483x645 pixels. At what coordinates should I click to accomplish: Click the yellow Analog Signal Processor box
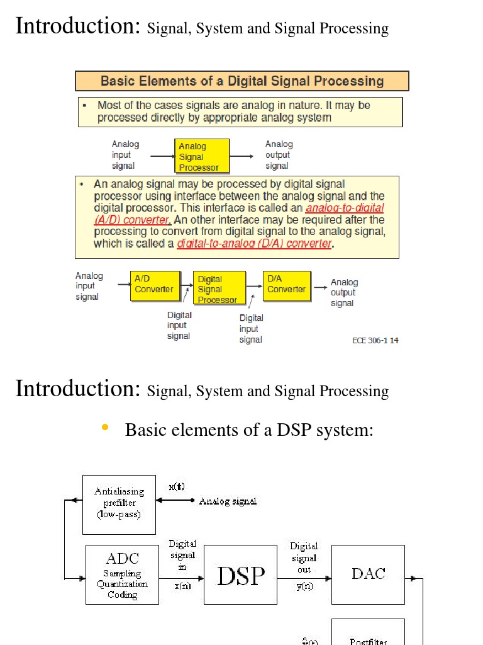click(x=201, y=156)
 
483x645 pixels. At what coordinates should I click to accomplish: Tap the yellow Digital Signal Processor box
click(x=218, y=288)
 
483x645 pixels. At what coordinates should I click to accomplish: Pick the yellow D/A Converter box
click(x=287, y=285)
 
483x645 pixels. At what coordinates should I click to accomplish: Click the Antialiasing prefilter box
click(x=119, y=504)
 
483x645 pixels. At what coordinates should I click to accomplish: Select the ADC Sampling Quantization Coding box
click(x=122, y=574)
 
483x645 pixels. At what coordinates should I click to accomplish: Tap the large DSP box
click(x=241, y=574)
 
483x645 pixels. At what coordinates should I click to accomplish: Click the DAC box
click(x=368, y=574)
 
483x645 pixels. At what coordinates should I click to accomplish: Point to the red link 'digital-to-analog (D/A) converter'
click(x=255, y=244)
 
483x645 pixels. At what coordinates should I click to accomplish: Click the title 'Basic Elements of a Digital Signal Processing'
click(x=242, y=81)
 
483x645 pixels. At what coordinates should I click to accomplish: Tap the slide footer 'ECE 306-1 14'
click(x=375, y=341)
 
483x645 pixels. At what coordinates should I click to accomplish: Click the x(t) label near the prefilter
click(x=176, y=487)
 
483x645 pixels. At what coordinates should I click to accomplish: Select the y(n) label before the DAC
click(x=304, y=586)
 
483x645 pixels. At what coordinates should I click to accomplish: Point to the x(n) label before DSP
click(x=182, y=586)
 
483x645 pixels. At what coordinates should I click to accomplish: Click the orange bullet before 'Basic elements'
click(x=105, y=429)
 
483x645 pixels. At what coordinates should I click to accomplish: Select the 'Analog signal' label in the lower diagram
click(x=228, y=501)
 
